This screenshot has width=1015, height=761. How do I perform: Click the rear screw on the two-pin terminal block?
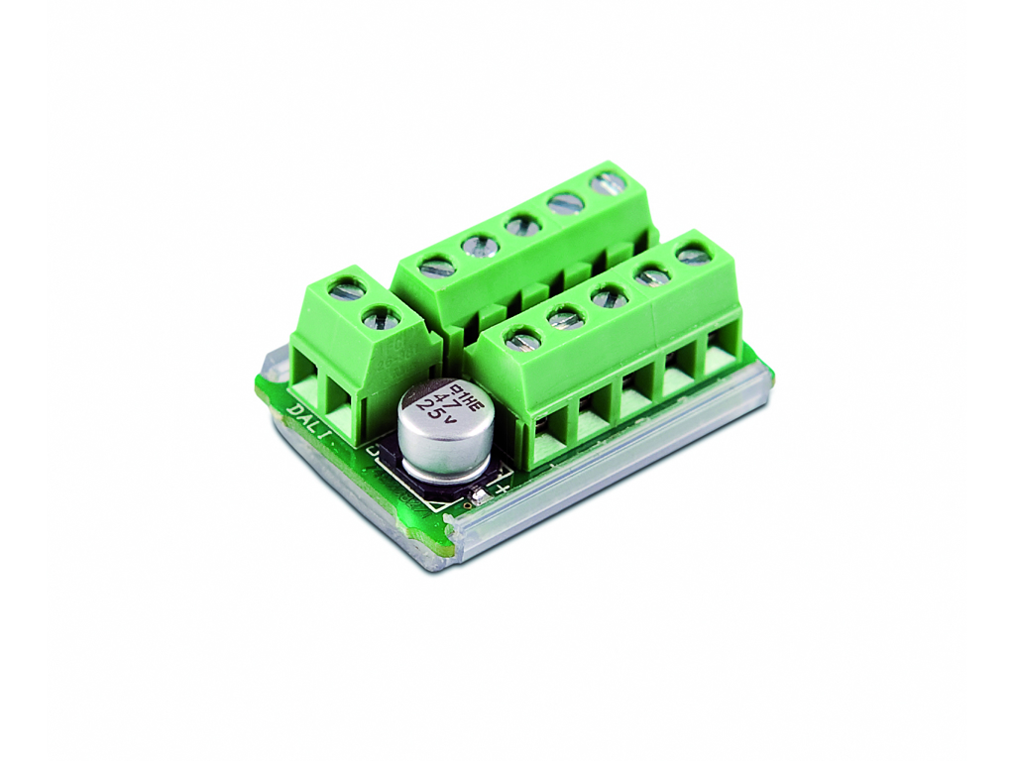point(347,289)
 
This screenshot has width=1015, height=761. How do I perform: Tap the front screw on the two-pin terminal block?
point(381,319)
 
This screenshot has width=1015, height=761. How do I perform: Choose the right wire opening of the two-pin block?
point(343,411)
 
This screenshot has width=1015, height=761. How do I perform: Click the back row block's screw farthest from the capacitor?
point(608,182)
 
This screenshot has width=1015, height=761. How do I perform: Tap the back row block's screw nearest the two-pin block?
point(437,267)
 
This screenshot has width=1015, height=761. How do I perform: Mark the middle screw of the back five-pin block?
point(522,225)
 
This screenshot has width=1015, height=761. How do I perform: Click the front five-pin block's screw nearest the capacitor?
point(522,341)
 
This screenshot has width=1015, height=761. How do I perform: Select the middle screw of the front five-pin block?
point(609,296)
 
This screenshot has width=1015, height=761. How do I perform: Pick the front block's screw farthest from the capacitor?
point(693,256)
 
